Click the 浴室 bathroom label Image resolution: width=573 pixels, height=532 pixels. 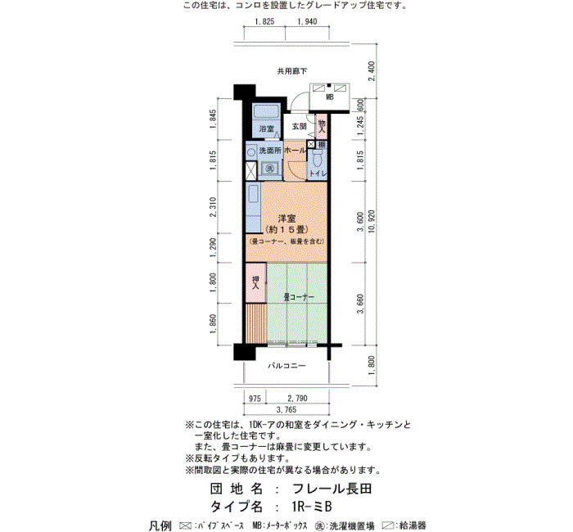point(266,129)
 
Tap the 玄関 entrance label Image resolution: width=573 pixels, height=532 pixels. point(299,126)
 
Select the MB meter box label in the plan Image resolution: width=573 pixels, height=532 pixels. point(330,97)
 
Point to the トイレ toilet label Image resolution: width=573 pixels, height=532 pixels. point(318,174)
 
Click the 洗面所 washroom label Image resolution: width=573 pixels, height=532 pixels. point(269,151)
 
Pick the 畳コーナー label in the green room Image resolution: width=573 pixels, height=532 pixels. point(299,297)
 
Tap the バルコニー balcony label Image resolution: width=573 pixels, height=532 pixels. point(286,366)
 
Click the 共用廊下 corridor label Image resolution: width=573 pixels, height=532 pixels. point(292,71)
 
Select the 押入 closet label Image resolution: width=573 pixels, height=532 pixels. point(255,283)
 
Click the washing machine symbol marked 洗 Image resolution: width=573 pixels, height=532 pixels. point(269,169)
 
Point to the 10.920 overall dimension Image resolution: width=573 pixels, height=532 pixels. point(372,223)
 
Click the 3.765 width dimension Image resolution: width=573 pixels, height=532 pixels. point(286,409)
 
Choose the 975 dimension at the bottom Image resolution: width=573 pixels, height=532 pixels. point(255,399)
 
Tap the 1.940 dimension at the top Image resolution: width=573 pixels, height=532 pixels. point(307,21)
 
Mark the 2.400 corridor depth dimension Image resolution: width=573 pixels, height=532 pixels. point(372,71)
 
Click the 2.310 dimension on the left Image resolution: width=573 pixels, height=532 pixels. point(213,207)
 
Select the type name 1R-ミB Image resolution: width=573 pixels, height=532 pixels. point(312,507)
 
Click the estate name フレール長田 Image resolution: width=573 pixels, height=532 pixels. point(332,489)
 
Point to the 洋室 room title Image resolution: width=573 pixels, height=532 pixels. point(286,219)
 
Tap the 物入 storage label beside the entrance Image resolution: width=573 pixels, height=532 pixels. point(322,126)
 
